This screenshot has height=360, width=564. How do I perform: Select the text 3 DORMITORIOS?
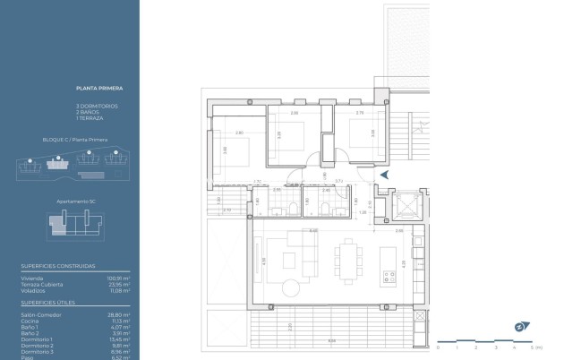click(x=96, y=106)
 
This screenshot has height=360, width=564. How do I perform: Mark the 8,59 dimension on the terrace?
click(x=333, y=340)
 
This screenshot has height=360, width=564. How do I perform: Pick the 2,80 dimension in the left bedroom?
click(x=239, y=133)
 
